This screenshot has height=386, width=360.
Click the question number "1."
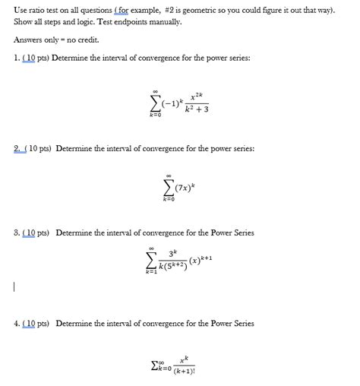(17, 58)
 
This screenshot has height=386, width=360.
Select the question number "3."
(17, 233)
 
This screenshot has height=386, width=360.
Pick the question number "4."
(17, 324)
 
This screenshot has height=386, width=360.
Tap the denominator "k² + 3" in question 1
(196, 109)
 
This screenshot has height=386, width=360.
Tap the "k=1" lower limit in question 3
(152, 271)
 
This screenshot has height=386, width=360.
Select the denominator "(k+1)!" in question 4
(184, 372)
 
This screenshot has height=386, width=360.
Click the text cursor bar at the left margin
(14, 287)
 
